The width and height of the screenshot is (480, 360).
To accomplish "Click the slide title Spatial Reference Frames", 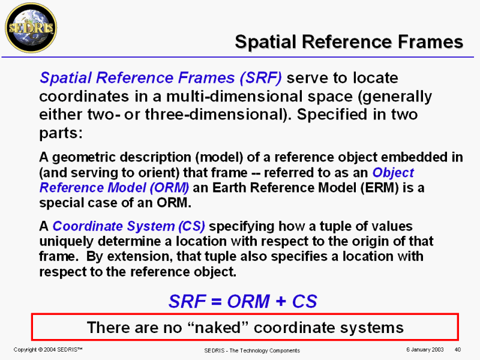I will (x=349, y=41).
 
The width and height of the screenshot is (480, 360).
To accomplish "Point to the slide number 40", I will (x=457, y=350).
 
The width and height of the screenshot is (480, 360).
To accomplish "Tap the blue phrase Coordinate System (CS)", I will (x=129, y=227).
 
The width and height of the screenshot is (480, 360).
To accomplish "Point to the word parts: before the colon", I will (x=60, y=131).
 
